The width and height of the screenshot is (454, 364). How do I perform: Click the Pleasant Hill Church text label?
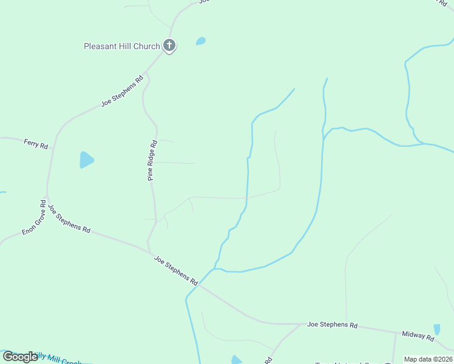pos(122,46)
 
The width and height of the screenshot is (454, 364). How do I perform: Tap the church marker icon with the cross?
pos(169,45)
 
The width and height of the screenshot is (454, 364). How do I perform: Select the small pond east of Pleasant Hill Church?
pos(200,41)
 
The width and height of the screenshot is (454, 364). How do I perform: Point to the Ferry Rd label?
pos(36,144)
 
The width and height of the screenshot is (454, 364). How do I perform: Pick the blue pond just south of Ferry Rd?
pos(86,160)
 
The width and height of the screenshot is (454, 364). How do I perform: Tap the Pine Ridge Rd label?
pos(152,161)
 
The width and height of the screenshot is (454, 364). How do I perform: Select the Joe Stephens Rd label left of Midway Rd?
pos(332,325)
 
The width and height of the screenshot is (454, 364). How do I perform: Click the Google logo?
pos(20,357)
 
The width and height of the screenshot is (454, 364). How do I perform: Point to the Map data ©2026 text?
pos(428,359)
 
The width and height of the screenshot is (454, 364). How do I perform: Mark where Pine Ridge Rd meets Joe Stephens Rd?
pos(149,251)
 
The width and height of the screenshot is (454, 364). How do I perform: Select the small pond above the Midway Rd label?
pos(436,329)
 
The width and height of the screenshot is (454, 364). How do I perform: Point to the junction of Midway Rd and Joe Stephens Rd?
pos(395,331)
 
